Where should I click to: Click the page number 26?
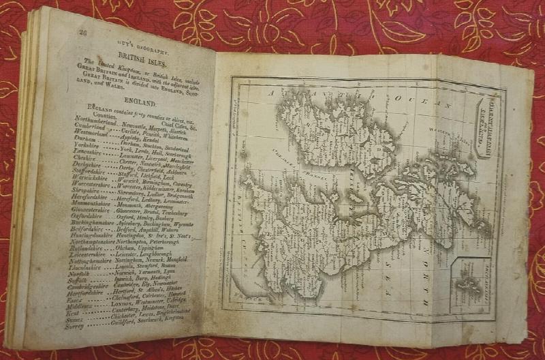point(83,31)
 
